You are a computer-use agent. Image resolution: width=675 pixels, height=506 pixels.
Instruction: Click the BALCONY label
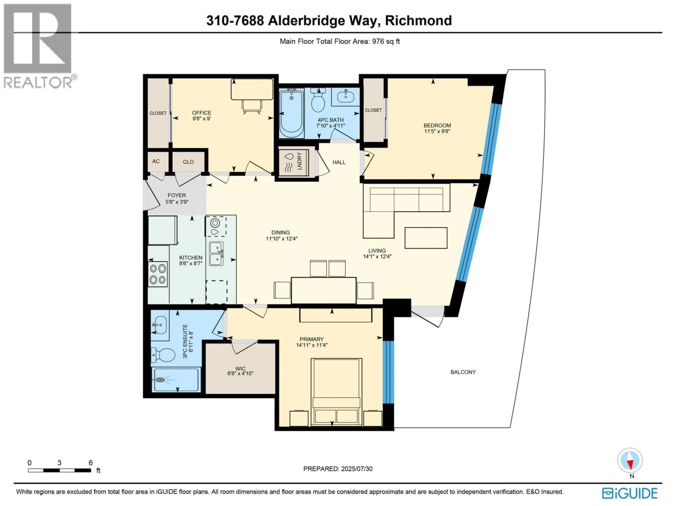pyautogui.click(x=463, y=372)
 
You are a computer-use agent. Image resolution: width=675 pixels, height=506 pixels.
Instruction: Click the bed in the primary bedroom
pyautogui.click(x=336, y=392)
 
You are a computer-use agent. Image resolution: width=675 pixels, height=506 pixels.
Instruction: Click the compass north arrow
pyautogui.click(x=630, y=460)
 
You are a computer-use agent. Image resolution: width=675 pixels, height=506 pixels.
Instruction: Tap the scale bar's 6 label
pyautogui.click(x=91, y=463)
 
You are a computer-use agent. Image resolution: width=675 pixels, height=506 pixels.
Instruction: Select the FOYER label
pyautogui.click(x=177, y=195)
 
